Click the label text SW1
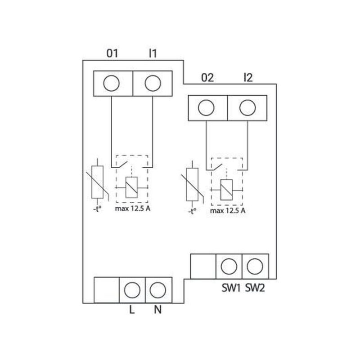[231, 288]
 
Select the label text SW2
[255, 288]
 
